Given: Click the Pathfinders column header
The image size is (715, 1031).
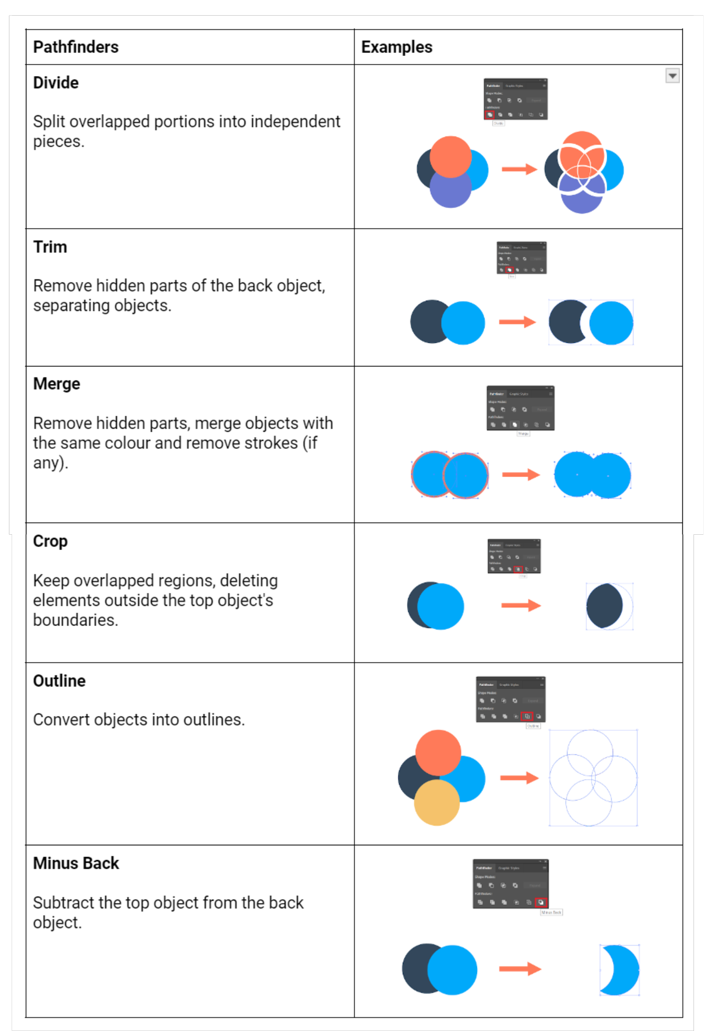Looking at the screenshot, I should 76,47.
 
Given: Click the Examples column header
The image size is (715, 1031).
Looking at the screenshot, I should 396,47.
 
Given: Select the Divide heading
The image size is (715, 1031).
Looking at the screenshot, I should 56,83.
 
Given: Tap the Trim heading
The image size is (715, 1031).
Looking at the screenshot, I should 50,247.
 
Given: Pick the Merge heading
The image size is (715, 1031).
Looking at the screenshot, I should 57,384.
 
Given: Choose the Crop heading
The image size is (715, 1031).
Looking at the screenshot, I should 50,541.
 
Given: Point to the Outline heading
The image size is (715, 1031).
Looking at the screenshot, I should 59,681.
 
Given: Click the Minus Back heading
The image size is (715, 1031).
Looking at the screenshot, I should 76,864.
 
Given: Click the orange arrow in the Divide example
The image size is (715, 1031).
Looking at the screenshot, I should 519,169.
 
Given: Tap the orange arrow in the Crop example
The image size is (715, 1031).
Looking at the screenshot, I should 520,605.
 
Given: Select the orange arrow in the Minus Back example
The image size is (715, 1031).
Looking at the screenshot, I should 519,969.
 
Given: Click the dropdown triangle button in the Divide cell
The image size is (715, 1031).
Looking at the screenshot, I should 672,76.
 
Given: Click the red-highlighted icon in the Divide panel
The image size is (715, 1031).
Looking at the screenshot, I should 489,115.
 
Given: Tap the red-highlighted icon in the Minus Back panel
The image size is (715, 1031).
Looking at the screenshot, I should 541,902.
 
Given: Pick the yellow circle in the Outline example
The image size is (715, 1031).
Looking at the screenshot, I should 436,803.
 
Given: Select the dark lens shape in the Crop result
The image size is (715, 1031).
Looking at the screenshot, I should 604,606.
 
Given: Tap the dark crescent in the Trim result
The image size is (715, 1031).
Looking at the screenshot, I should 566,322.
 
